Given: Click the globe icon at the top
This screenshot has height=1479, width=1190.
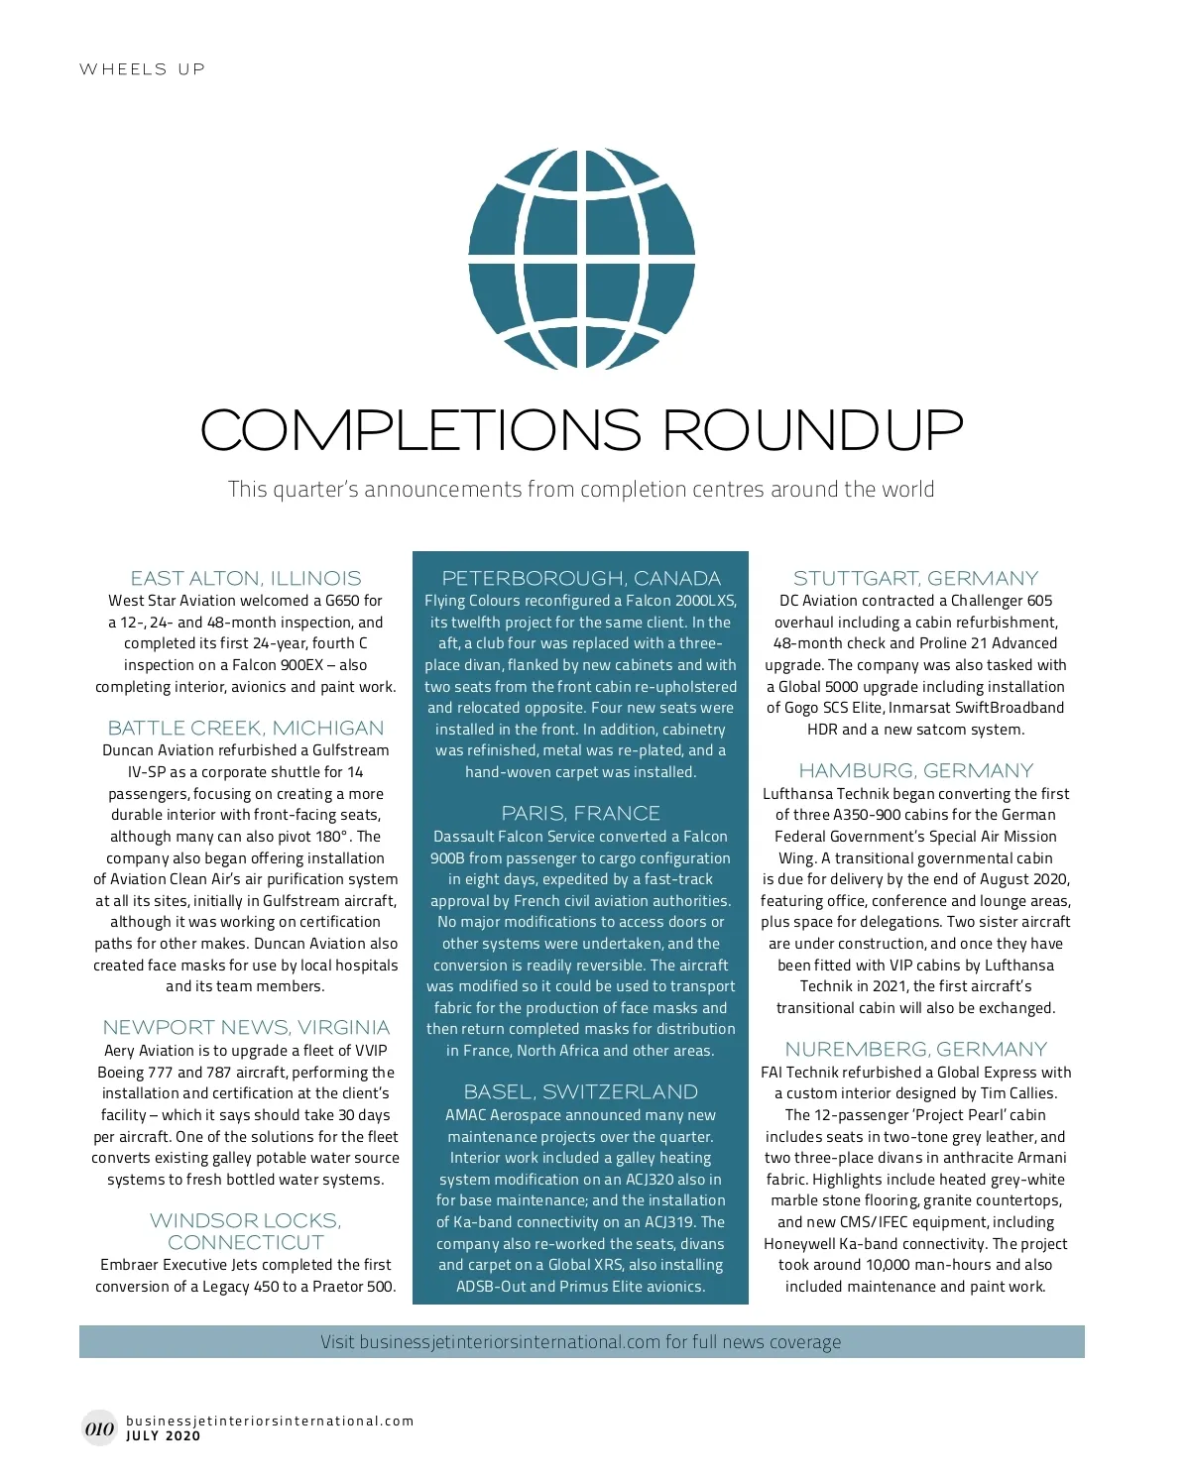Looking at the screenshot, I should (x=581, y=257).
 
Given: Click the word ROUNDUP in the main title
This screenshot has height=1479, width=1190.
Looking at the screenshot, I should (x=812, y=430).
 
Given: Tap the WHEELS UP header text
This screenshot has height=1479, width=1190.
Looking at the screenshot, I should (x=142, y=69).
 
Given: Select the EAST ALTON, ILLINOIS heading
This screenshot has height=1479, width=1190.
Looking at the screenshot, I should (x=246, y=578).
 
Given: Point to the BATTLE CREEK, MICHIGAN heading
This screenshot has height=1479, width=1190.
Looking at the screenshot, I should (x=246, y=728).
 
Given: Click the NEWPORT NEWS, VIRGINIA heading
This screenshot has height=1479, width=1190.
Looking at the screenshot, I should (x=246, y=1027).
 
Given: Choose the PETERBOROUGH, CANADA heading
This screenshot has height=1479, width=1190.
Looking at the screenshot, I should (x=581, y=578).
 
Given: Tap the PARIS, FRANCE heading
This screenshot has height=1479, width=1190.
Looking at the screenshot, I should (x=581, y=813).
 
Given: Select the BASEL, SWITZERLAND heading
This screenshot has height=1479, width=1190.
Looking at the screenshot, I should (x=581, y=1091).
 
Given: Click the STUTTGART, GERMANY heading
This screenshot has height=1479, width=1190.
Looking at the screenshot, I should (x=915, y=578).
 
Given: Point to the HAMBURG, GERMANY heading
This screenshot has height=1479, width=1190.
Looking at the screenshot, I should (x=915, y=770).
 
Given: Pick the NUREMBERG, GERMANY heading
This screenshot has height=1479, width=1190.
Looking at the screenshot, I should (x=915, y=1049).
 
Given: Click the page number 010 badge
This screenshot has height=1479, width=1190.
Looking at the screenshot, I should (x=99, y=1428).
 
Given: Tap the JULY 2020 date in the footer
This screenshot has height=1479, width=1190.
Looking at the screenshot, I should (x=164, y=1435).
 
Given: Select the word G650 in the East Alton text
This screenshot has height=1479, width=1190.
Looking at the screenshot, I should (x=342, y=601).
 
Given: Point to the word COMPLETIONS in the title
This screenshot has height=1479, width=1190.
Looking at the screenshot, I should (x=421, y=430).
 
